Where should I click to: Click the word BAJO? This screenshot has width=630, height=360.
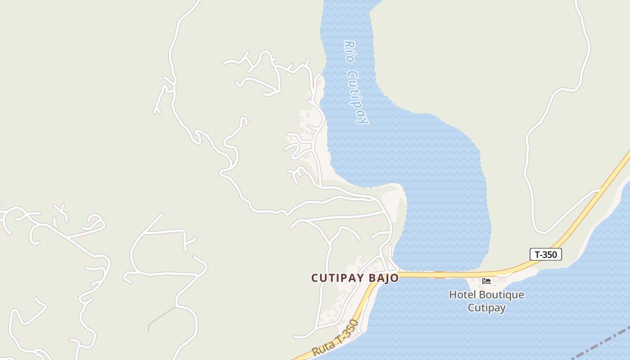pos(384,278)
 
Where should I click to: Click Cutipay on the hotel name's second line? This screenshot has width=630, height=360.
pos(486,308)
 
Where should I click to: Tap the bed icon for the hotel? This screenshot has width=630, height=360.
pos(486,281)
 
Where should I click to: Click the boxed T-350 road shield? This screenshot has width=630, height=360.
pos(545,254)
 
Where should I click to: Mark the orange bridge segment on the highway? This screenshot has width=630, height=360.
pos(439,274)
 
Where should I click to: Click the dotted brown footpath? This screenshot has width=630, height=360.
pos(161,317)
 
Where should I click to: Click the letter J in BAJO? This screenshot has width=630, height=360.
pos(388,278)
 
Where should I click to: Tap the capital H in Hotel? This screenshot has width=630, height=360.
pos(453,295)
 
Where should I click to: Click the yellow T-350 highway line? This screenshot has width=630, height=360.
pos(585,211)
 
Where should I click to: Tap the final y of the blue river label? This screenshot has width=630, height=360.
pos(363,120)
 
